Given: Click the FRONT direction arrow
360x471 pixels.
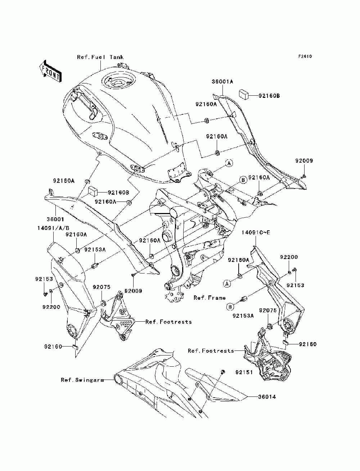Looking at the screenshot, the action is [50, 72].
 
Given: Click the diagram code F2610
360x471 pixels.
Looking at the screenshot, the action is [305, 56].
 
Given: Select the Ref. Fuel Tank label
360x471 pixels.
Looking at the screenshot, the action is [100, 57].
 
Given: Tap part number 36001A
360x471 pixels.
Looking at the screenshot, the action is [222, 82].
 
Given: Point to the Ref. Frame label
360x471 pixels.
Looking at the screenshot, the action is [210, 298].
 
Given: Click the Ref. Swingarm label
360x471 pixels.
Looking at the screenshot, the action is [82, 380].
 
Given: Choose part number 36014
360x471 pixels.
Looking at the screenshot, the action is [267, 397].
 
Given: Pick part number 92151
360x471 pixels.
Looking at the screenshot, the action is [244, 372].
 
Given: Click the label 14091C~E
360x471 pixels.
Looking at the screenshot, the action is [256, 232].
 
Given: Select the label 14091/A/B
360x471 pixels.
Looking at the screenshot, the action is [53, 228].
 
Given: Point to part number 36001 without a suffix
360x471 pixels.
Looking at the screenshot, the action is [55, 219].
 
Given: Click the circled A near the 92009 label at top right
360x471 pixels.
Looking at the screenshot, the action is [229, 163].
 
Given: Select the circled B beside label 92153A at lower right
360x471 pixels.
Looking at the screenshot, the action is [230, 307].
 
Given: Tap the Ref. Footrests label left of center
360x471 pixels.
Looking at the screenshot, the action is [168, 322].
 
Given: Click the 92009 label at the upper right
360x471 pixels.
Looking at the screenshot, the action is [304, 161].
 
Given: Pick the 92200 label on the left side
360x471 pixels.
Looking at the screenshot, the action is [51, 307].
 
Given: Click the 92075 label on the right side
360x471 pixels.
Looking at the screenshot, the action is [268, 311].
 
